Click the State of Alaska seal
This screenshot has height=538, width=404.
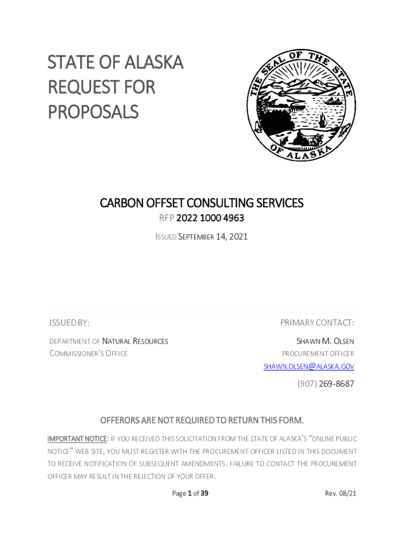click(x=301, y=106)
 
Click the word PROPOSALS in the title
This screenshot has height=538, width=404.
click(x=93, y=111)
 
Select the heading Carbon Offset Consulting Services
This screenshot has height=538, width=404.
click(x=201, y=203)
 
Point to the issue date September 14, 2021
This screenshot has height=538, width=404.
click(x=212, y=237)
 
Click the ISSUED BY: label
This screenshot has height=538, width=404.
click(x=69, y=322)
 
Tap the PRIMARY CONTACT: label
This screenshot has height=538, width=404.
click(x=317, y=322)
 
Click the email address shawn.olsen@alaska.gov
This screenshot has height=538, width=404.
click(x=309, y=366)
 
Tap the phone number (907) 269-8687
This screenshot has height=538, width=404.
click(x=325, y=384)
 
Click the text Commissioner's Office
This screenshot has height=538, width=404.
click(x=88, y=354)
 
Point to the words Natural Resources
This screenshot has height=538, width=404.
click(x=135, y=341)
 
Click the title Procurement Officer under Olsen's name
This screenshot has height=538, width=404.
click(x=318, y=354)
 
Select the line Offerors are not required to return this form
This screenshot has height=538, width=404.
click(x=201, y=420)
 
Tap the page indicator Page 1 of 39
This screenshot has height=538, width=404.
click(x=190, y=493)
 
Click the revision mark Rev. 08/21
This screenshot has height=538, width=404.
click(x=341, y=493)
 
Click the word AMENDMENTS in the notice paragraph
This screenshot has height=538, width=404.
click(x=202, y=464)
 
